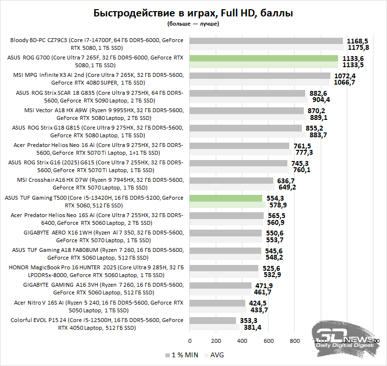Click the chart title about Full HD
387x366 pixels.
[x=193, y=13]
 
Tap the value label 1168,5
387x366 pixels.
[x=357, y=41]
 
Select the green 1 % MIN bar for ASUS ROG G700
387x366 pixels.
[x=264, y=59]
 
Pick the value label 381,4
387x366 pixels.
[x=252, y=327]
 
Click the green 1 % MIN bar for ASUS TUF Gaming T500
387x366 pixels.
[x=226, y=198]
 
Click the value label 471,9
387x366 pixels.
[x=264, y=286]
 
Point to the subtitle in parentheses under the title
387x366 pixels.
[x=193, y=23]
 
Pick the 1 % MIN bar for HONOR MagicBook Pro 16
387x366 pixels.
[x=224, y=268]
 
